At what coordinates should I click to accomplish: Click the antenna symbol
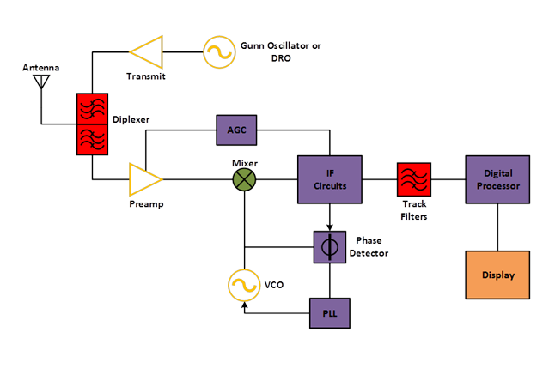(x=40, y=82)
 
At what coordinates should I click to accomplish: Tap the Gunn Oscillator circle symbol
(x=218, y=53)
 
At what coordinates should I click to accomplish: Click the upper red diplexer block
(x=91, y=107)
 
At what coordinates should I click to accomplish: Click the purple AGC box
(x=236, y=130)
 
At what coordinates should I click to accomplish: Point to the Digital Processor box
(x=497, y=179)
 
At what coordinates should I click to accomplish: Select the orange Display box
(x=497, y=275)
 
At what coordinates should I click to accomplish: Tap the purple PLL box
(x=330, y=313)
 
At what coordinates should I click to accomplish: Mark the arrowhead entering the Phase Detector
(x=327, y=228)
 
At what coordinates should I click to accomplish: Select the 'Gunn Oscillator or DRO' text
(x=281, y=51)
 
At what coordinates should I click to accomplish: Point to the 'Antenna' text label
(x=41, y=67)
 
